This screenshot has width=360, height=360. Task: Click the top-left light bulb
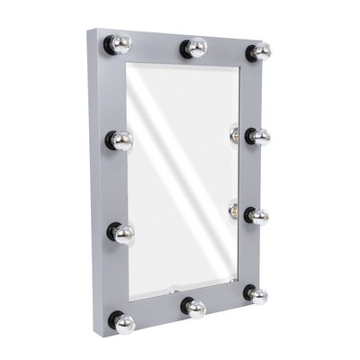[121, 44]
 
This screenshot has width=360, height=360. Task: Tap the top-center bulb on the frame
[196, 48]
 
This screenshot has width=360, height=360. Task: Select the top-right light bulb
[260, 51]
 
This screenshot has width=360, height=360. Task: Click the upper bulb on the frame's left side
[122, 140]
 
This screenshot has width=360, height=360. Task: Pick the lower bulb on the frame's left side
[123, 234]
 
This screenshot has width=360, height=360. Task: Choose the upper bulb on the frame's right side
[259, 137]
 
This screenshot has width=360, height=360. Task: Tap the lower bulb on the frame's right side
[259, 216]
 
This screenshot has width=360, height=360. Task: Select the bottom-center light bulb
[196, 309]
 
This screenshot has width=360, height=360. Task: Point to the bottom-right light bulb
[258, 295]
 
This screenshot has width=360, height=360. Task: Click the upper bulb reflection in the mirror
[234, 135]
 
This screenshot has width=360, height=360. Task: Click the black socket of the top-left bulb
[109, 43]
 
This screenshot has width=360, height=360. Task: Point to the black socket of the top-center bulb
[185, 48]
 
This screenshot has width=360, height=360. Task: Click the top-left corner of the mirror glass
[127, 64]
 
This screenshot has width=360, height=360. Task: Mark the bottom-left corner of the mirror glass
[130, 299]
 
